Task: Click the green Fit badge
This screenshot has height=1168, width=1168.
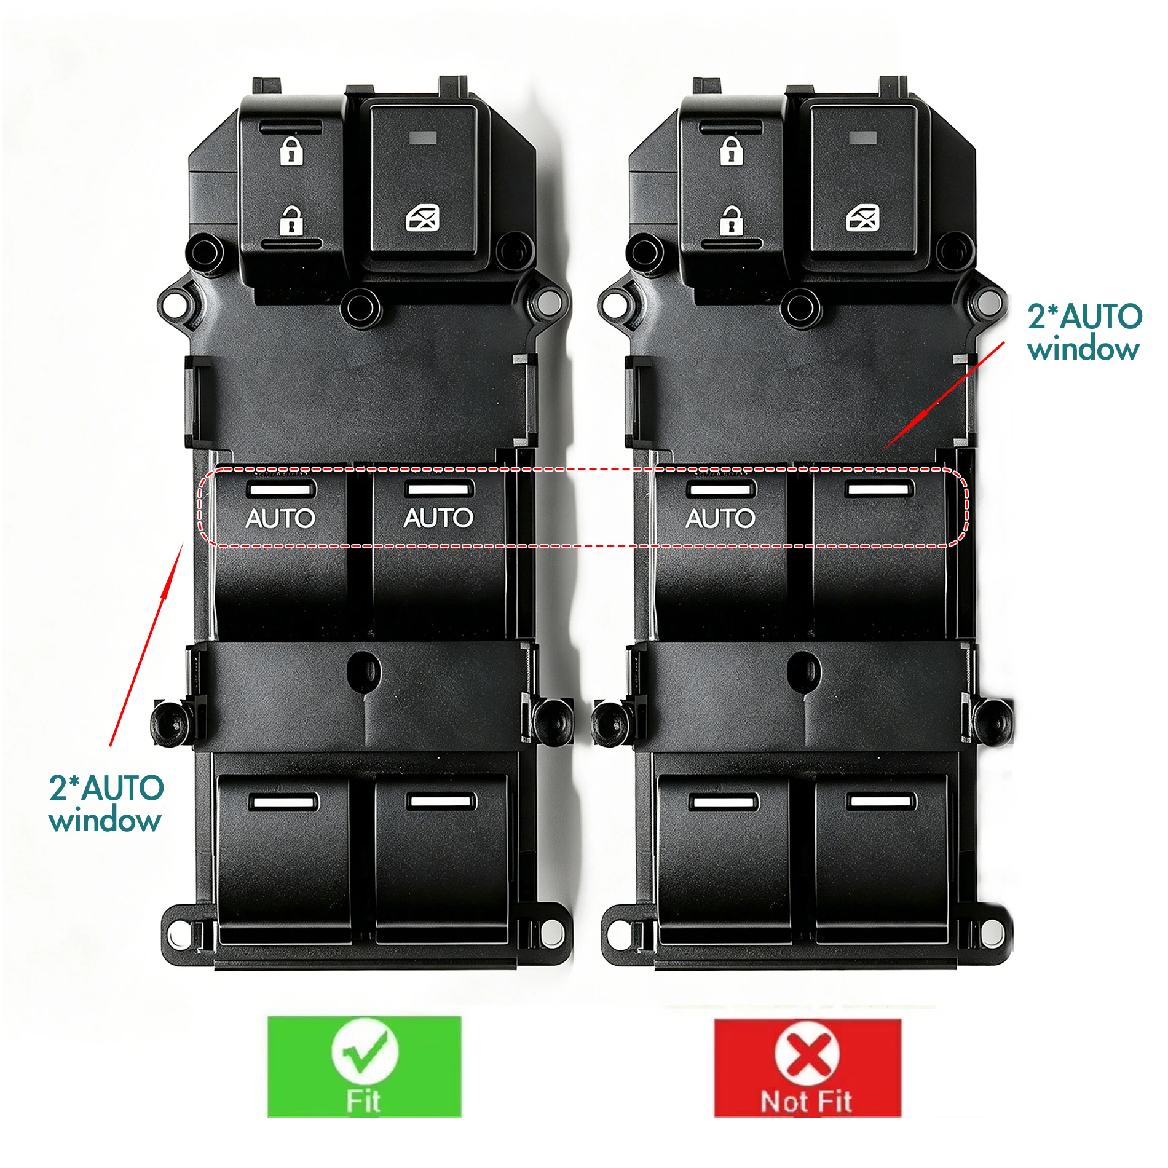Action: point(364,1066)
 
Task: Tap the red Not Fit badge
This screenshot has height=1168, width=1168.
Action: point(807,1067)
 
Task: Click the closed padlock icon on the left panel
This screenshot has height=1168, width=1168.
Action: point(291,151)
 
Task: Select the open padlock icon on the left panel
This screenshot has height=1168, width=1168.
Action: point(291,221)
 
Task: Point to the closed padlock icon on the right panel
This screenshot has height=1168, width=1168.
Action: point(732,151)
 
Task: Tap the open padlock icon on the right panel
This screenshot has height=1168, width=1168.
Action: point(732,221)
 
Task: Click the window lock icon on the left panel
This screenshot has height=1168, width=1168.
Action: point(423,218)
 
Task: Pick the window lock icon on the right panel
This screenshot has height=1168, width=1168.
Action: point(862,218)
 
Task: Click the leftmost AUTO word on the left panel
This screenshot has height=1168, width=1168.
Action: point(280,518)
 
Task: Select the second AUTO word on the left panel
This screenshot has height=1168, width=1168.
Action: point(438,518)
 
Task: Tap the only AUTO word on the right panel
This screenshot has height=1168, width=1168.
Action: point(720,518)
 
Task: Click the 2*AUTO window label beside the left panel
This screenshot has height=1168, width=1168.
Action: point(106,803)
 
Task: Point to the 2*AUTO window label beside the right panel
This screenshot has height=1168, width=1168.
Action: point(1084,333)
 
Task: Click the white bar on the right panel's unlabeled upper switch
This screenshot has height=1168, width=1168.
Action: point(880,489)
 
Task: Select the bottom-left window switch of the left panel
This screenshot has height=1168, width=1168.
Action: point(283,858)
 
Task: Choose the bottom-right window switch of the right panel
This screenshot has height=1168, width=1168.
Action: point(882,858)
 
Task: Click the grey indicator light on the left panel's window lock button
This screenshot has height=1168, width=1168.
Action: point(423,138)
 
